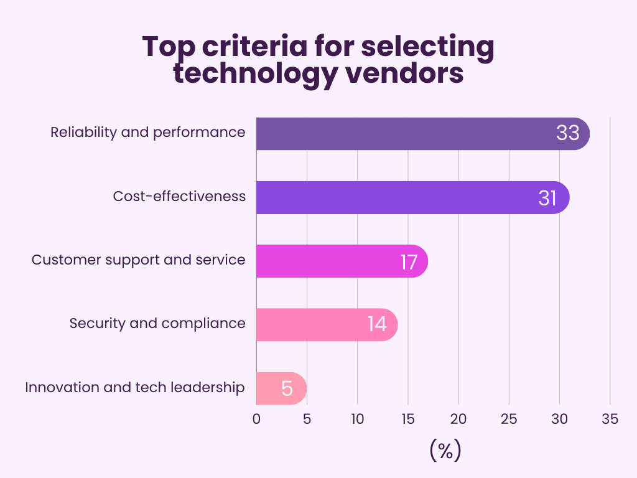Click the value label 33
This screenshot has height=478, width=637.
567,134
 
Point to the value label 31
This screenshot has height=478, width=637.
547,198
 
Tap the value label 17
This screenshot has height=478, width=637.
409,261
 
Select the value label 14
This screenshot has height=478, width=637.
377,325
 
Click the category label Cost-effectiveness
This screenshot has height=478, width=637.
179,197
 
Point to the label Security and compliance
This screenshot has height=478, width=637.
157,324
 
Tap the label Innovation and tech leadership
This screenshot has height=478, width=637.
135,387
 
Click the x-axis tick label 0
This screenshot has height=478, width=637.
257,419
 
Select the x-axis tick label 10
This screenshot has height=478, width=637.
358,419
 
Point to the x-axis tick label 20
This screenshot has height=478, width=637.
458,419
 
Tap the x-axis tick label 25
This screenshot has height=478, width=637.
509,419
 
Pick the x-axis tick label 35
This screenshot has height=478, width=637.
610,419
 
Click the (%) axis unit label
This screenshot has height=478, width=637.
445,450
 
